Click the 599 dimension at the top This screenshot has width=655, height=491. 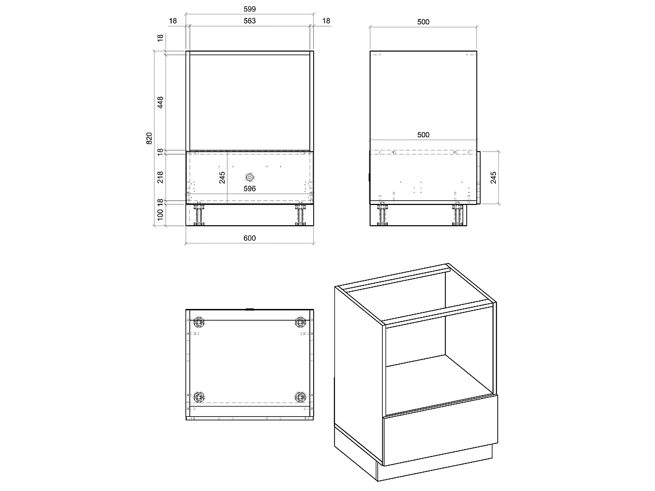(x=249, y=9)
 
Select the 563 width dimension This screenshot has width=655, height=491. (x=249, y=21)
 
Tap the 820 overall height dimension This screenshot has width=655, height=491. (x=149, y=138)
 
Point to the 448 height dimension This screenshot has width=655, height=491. (x=160, y=103)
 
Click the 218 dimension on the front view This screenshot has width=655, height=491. (x=160, y=177)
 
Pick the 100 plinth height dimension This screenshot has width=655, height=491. (x=160, y=215)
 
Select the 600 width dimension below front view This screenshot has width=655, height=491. (x=249, y=238)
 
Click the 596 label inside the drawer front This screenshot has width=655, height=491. (x=249, y=189)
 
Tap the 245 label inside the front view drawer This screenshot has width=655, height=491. (x=222, y=177)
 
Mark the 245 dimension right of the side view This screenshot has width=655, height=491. (x=494, y=177)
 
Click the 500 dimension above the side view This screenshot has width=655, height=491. (x=423, y=22)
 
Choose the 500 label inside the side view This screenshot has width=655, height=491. (x=423, y=134)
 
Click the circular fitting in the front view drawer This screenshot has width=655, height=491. (x=250, y=177)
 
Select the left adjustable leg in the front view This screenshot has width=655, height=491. (x=199, y=215)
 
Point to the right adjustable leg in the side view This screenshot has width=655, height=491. (x=458, y=215)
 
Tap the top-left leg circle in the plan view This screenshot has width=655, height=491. (x=199, y=322)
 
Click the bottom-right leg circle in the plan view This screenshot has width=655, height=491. (x=300, y=397)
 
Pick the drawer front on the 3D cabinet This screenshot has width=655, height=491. (x=440, y=430)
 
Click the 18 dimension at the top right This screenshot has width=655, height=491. (x=326, y=21)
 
